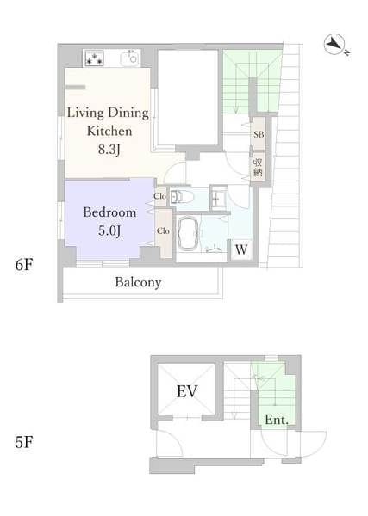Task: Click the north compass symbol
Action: [335, 45]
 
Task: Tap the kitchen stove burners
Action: [94, 58]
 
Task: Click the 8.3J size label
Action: [109, 150]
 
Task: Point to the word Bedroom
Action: [109, 212]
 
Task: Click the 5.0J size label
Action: [109, 230]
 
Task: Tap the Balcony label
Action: [138, 282]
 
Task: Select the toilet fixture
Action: [182, 197]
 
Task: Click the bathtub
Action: [188, 235]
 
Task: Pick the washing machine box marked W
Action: [241, 249]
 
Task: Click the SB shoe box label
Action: [259, 134]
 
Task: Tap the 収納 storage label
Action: [258, 168]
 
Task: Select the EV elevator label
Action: [187, 391]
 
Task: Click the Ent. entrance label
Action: [277, 420]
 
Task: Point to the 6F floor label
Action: [24, 265]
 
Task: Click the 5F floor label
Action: [24, 442]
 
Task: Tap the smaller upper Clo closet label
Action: [159, 196]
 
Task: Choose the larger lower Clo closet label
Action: [163, 230]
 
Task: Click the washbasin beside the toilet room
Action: [218, 199]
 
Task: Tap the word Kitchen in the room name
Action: [109, 131]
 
